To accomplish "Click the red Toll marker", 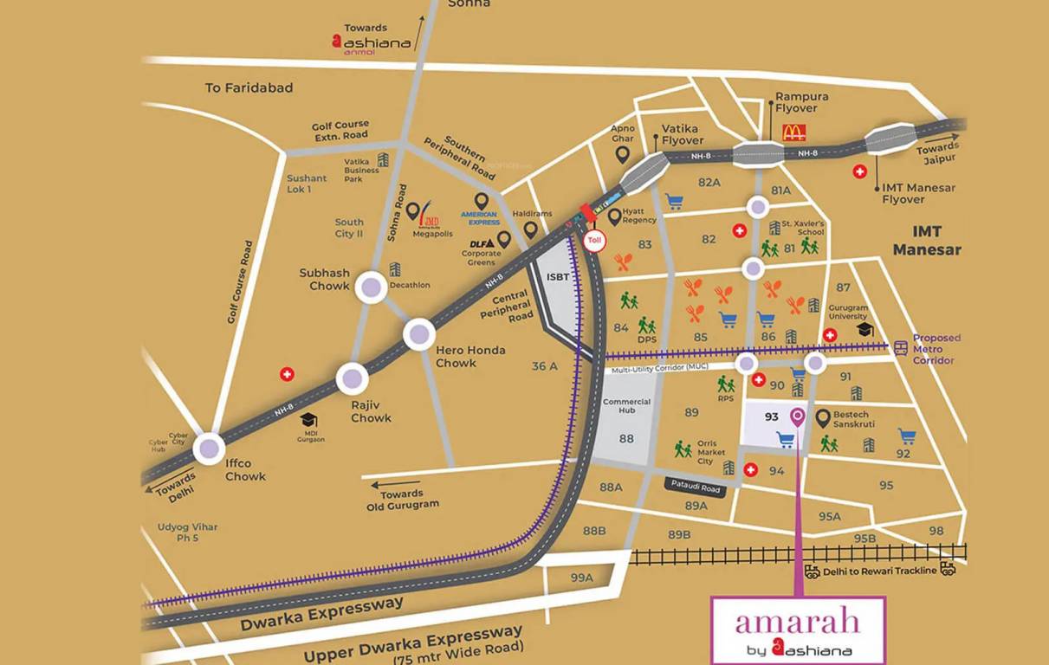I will pyautogui.click(x=594, y=241).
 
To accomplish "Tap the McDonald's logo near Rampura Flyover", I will pyautogui.click(x=793, y=132).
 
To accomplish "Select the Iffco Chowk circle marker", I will pyautogui.click(x=209, y=448).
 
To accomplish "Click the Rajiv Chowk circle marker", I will pyautogui.click(x=353, y=378).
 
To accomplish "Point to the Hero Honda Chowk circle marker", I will pyautogui.click(x=419, y=333).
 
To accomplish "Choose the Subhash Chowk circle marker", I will pyautogui.click(x=372, y=287).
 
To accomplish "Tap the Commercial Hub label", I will pyautogui.click(x=626, y=407).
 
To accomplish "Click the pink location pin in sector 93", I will pyautogui.click(x=798, y=417).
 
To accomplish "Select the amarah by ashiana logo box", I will pyautogui.click(x=798, y=630).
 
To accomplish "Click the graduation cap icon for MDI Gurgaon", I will pyautogui.click(x=308, y=420).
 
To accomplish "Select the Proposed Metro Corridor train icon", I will pyautogui.click(x=901, y=348).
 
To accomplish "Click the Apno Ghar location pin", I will pyautogui.click(x=622, y=155).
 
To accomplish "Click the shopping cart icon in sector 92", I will pyautogui.click(x=907, y=436).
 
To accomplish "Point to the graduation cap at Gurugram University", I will pyautogui.click(x=864, y=330).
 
